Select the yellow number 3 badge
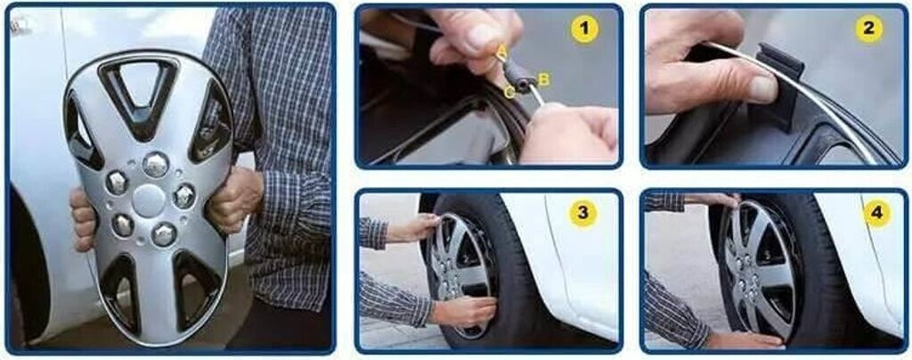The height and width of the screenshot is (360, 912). (582, 214)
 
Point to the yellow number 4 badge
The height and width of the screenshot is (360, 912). (877, 214)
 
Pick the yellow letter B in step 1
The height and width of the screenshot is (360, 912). (544, 79)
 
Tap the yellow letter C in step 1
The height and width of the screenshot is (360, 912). (509, 93)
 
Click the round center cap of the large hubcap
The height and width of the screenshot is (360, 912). (149, 200)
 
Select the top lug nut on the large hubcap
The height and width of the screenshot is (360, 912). (155, 165)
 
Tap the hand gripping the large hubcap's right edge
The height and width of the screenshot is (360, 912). (233, 199)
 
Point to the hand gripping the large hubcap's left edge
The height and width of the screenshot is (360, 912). (83, 218)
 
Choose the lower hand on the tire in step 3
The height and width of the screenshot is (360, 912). (463, 310)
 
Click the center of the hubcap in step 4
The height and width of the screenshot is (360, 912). (750, 273)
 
